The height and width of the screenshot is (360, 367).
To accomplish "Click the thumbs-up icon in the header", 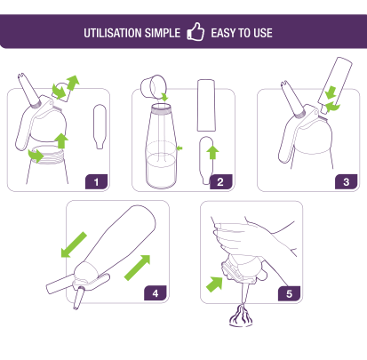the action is [x=195, y=32].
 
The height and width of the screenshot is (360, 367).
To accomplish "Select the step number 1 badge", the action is [x=96, y=181].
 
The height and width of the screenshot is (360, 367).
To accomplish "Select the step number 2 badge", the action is [x=220, y=181].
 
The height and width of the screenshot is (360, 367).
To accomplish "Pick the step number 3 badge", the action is [x=347, y=181].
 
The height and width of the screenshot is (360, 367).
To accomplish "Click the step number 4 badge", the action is [x=156, y=293].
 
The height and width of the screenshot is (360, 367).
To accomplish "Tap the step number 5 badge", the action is [x=289, y=293].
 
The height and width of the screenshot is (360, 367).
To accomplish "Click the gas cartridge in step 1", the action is [x=100, y=126].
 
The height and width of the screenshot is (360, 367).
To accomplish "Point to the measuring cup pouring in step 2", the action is [x=154, y=86].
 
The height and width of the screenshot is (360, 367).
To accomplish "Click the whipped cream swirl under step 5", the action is [x=241, y=316].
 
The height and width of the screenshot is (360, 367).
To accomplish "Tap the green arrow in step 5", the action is [x=215, y=284].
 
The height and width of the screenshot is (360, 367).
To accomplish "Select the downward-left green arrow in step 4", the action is [x=74, y=245].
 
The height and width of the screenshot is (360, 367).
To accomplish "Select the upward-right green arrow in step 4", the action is [x=138, y=268].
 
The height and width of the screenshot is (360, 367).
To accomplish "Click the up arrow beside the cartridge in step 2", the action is [x=212, y=151].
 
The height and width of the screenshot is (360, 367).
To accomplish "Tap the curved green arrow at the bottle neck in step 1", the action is [x=36, y=156].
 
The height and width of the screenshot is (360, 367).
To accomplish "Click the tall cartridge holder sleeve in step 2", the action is [x=206, y=105].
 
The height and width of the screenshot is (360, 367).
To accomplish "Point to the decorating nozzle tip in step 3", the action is [x=292, y=99].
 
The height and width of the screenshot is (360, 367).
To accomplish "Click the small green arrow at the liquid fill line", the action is [x=180, y=148].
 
